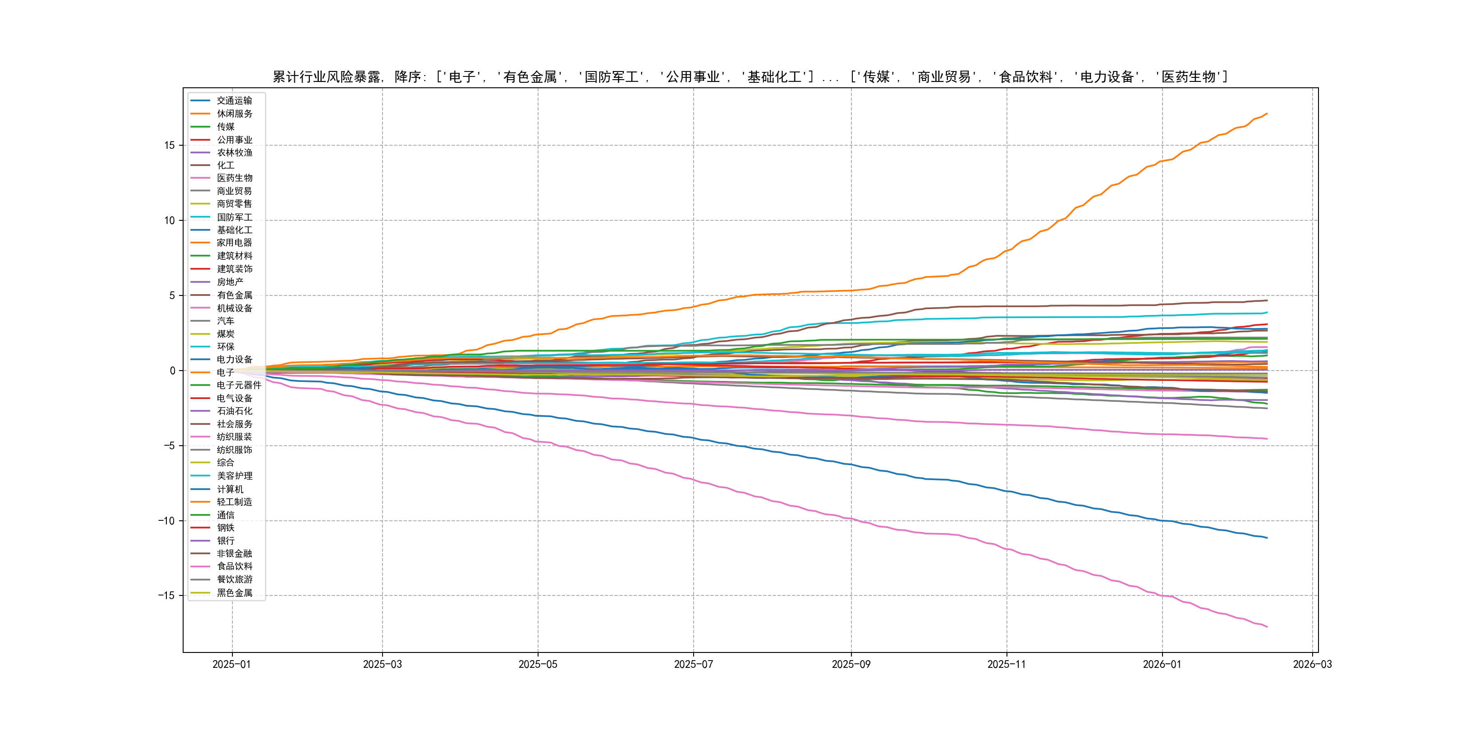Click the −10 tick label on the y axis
coord(166,521)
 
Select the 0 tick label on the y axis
coord(172,371)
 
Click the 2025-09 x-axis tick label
coord(851,664)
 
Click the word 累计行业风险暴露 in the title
coord(326,77)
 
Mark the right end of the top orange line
coord(1267,114)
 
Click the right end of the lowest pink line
coord(1267,627)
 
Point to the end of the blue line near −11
coord(1267,538)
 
